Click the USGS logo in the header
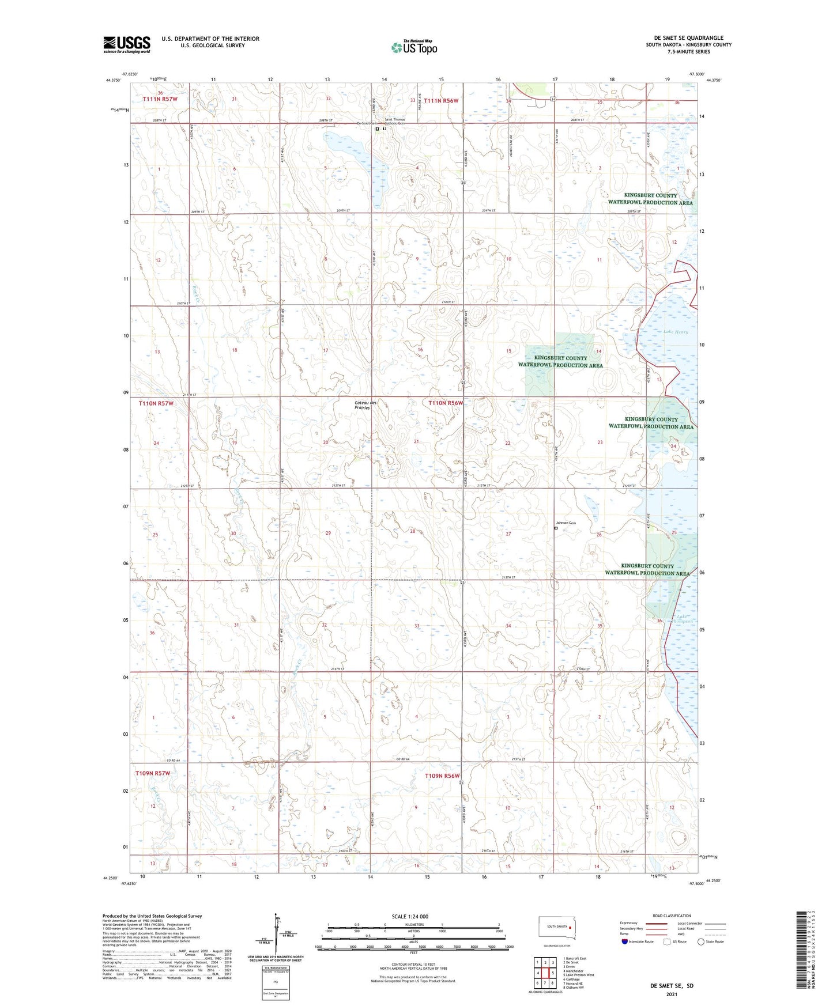(127, 44)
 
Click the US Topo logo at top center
(413, 47)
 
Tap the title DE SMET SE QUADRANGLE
(684, 38)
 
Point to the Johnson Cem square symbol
(556, 528)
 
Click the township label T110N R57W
(156, 403)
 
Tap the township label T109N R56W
(442, 776)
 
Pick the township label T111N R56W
(441, 100)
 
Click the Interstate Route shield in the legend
(625, 941)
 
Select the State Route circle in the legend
(701, 941)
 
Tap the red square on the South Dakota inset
(570, 928)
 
